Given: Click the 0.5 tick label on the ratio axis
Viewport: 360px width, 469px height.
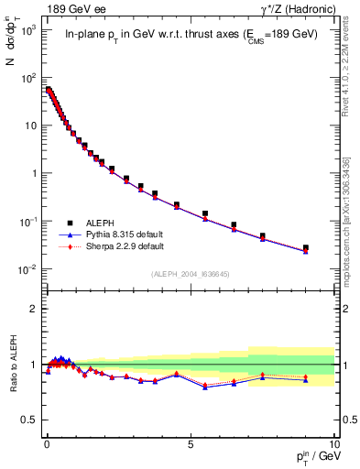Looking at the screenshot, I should (x=30, y=420).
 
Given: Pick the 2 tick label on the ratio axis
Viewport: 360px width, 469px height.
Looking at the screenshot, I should (x=34, y=309).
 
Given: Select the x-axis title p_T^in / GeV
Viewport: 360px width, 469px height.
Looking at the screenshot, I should (x=311, y=456).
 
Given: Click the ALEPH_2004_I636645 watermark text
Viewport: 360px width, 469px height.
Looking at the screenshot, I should (x=191, y=275).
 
